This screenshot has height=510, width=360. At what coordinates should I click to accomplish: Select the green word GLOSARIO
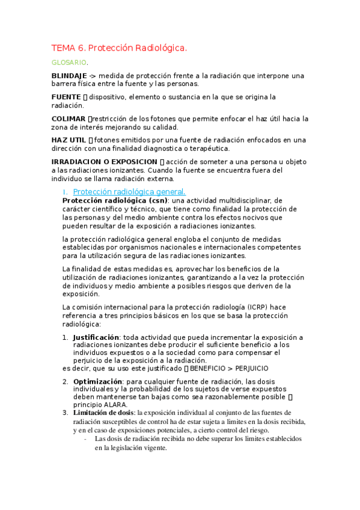[x=69, y=62]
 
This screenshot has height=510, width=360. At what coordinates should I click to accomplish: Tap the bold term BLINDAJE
[x=69, y=76]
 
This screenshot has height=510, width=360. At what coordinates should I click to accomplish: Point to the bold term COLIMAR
[x=69, y=118]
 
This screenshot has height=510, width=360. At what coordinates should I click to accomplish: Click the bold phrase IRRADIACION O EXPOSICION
[x=105, y=162]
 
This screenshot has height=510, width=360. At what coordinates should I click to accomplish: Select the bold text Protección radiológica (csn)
[x=115, y=200]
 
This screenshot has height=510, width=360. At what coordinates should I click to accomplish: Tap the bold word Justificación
[x=96, y=337]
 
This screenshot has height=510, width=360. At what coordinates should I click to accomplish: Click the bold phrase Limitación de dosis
[x=103, y=413]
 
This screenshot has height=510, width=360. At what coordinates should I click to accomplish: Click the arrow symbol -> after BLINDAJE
[x=92, y=76]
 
